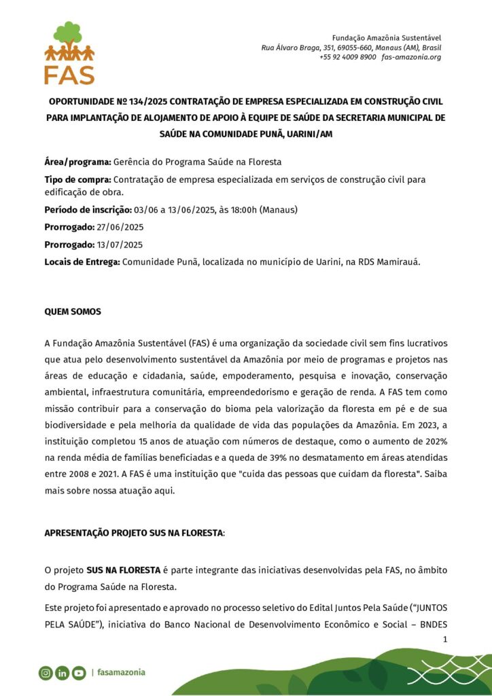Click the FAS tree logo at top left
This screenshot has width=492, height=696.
click(69, 52)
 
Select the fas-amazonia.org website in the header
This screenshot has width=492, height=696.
click(411, 57)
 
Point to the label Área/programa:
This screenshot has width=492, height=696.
click(77, 162)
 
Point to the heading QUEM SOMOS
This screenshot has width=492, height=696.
click(73, 312)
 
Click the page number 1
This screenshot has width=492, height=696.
click(445, 639)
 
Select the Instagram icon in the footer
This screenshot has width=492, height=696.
click(46, 673)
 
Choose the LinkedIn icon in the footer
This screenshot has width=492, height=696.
click(63, 673)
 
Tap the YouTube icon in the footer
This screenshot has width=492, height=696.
click(79, 673)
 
